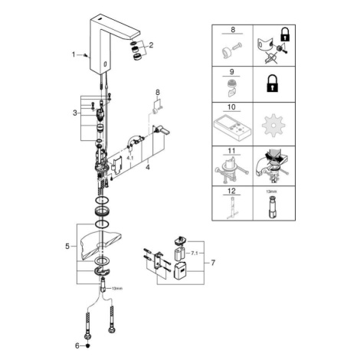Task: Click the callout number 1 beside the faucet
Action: tap(74, 54)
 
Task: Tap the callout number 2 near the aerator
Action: tap(151, 45)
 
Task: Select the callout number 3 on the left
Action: tap(75, 113)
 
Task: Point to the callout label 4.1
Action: tap(130, 158)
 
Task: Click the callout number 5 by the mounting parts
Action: tap(67, 247)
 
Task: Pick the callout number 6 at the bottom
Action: tap(77, 346)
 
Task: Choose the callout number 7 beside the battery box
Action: tap(213, 263)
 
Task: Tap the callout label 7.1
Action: tap(195, 254)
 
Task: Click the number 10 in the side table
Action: tap(231, 106)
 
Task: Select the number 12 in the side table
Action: tap(231, 191)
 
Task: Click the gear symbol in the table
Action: tap(273, 126)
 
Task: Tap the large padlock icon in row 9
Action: tap(273, 83)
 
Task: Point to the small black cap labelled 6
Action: tap(89, 346)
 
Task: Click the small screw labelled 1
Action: tap(86, 55)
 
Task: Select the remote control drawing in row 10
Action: tap(232, 129)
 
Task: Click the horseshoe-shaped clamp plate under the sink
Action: tap(103, 271)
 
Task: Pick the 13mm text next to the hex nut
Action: tap(117, 289)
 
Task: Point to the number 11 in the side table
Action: tap(231, 151)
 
